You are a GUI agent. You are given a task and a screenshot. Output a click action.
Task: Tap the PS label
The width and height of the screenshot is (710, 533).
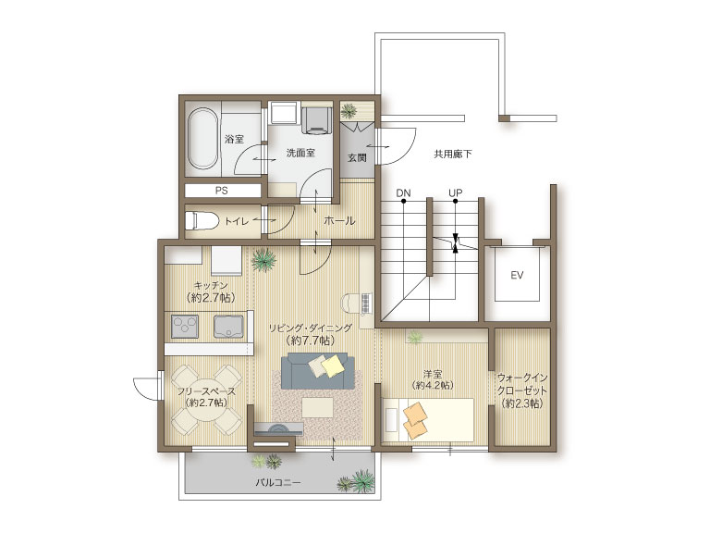click(222, 191)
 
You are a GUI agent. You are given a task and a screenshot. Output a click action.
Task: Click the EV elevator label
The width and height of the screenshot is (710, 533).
click(517, 275)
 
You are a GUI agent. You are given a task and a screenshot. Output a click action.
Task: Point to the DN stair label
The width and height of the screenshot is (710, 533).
click(403, 193)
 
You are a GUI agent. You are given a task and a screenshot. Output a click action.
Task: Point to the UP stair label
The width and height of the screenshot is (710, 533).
click(455, 193)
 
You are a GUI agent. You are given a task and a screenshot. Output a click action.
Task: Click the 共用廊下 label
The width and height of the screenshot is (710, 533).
click(452, 155)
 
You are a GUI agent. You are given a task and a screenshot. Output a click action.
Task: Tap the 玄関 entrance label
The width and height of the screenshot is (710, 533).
click(357, 157)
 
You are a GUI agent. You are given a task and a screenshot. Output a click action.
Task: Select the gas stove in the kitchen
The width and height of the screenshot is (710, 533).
click(185, 327)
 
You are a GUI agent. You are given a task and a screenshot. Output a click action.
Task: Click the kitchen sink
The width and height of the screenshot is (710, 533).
click(228, 327)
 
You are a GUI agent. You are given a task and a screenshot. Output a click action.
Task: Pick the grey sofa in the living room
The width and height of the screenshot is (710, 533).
click(317, 371)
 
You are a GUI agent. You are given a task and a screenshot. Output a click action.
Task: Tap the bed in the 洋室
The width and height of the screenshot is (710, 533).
click(428, 420)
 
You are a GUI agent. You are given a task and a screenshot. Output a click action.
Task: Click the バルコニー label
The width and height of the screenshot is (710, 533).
click(277, 483)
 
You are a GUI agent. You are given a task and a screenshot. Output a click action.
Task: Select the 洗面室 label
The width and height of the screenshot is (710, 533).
click(300, 153)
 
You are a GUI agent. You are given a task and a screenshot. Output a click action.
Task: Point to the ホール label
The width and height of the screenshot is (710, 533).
click(339, 221)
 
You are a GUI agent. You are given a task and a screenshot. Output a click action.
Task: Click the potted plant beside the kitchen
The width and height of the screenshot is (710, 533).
click(264, 260)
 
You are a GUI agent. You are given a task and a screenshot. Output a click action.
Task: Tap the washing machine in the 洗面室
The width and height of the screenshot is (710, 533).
click(316, 119)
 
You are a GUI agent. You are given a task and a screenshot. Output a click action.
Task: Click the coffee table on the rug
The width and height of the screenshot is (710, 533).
click(317, 407)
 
